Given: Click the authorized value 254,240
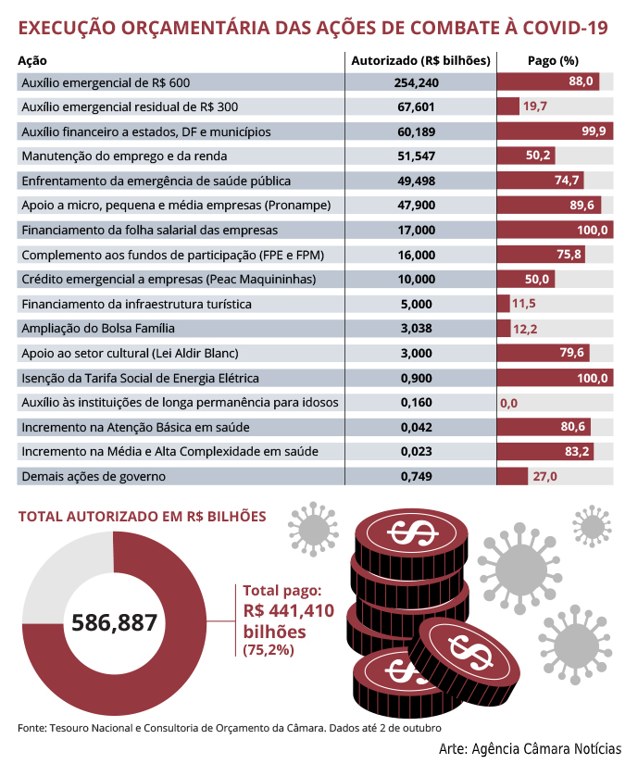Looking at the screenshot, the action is [x=417, y=82].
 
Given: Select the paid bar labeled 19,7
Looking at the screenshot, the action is [x=508, y=106].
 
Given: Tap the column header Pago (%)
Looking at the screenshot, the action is [x=553, y=60].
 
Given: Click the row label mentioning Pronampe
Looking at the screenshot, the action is [x=176, y=206].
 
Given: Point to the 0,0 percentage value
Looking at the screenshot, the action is [x=508, y=403].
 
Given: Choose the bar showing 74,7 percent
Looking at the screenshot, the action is [x=541, y=181].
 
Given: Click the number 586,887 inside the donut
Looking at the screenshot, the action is [x=115, y=622].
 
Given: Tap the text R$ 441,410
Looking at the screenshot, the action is [x=289, y=610].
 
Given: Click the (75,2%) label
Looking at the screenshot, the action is [x=269, y=650].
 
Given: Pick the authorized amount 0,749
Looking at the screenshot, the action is [x=417, y=476].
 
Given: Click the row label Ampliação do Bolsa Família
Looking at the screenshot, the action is [x=98, y=329].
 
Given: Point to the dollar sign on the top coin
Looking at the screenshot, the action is [x=413, y=532].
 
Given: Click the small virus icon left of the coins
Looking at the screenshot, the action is [x=313, y=529].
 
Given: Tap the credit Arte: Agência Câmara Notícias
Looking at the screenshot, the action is [x=530, y=748].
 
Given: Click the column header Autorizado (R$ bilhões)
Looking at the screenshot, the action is [x=420, y=60].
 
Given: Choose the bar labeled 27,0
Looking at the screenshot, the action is [x=512, y=476].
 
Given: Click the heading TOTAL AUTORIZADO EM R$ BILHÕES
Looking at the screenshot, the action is [x=143, y=517].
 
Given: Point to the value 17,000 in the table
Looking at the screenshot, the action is [x=417, y=230].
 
